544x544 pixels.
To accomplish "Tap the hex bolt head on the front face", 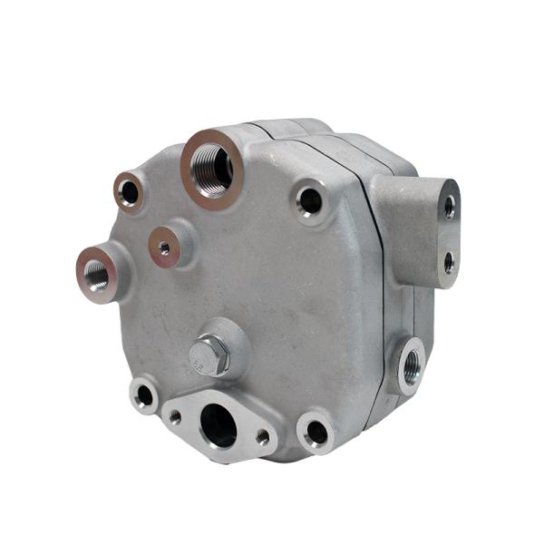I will coord(209,354).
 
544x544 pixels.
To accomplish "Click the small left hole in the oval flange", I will coord(175,417).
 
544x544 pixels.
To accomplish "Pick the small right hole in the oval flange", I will coord(262,437).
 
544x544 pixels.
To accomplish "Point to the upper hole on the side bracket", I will coord(449,207).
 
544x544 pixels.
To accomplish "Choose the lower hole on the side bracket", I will coord(448,263).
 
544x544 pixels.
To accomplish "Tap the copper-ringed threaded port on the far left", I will coord(96,272).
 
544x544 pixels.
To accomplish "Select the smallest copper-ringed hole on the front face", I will coord(164,246).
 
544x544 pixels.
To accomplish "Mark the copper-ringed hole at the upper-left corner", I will coord(129,192).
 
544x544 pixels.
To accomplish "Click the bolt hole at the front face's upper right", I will coord(310,201).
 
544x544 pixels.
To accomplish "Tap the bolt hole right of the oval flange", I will coord(316,432).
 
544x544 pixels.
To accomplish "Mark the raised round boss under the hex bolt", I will coord(232,341).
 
